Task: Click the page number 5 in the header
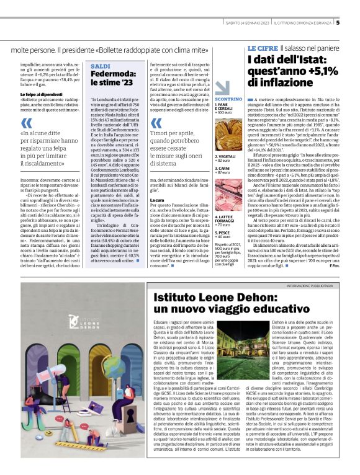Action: pyautogui.click(x=338, y=23)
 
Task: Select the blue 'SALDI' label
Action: pyautogui.click(x=101, y=66)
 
